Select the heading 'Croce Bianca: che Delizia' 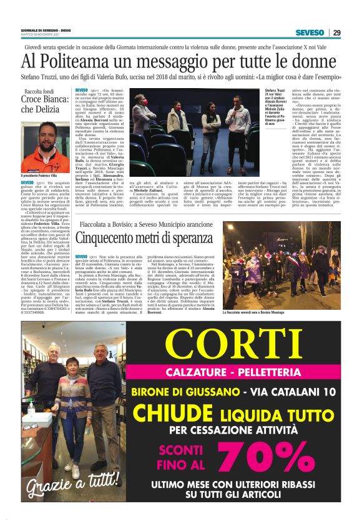[44, 104]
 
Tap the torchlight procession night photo [291, 264]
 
